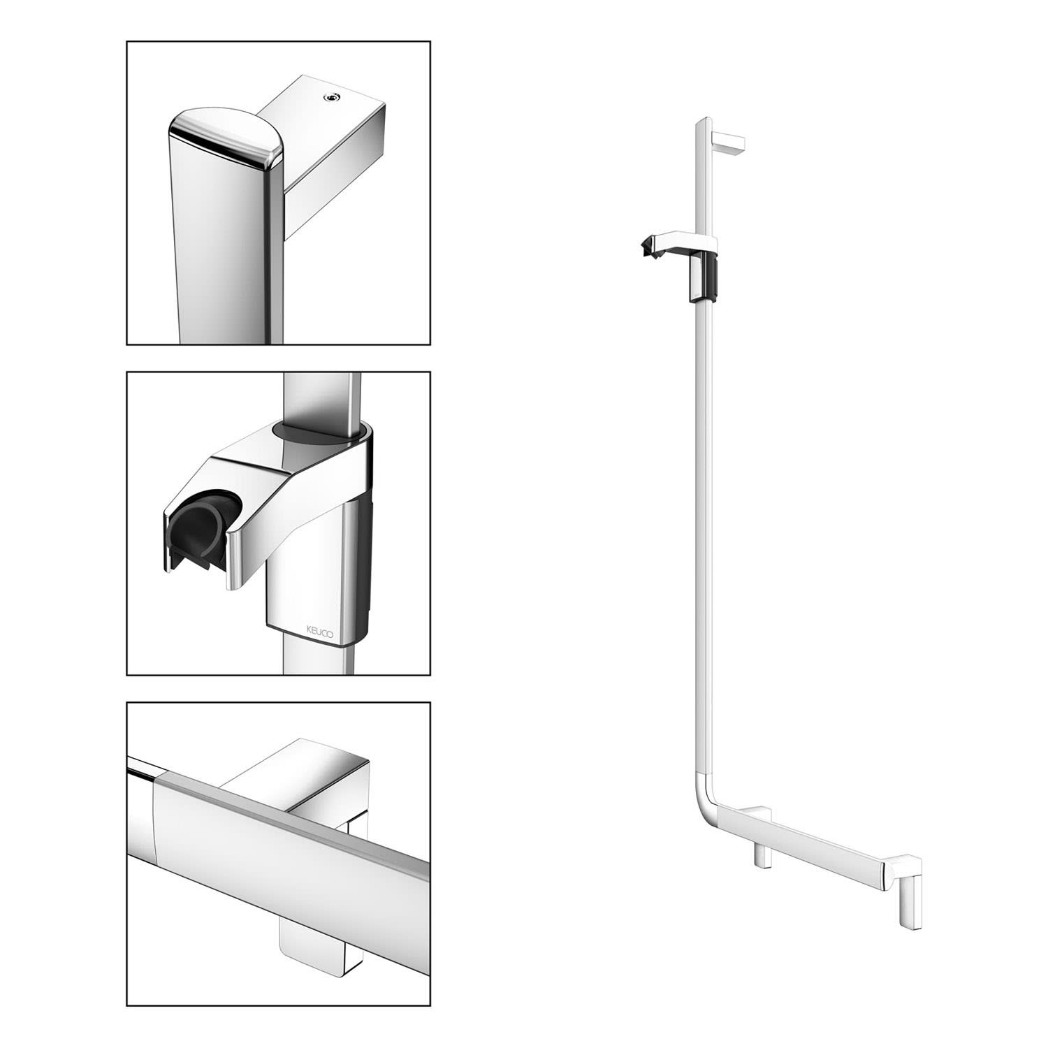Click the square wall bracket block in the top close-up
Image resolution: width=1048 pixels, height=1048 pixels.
pyautogui.click(x=328, y=140)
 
